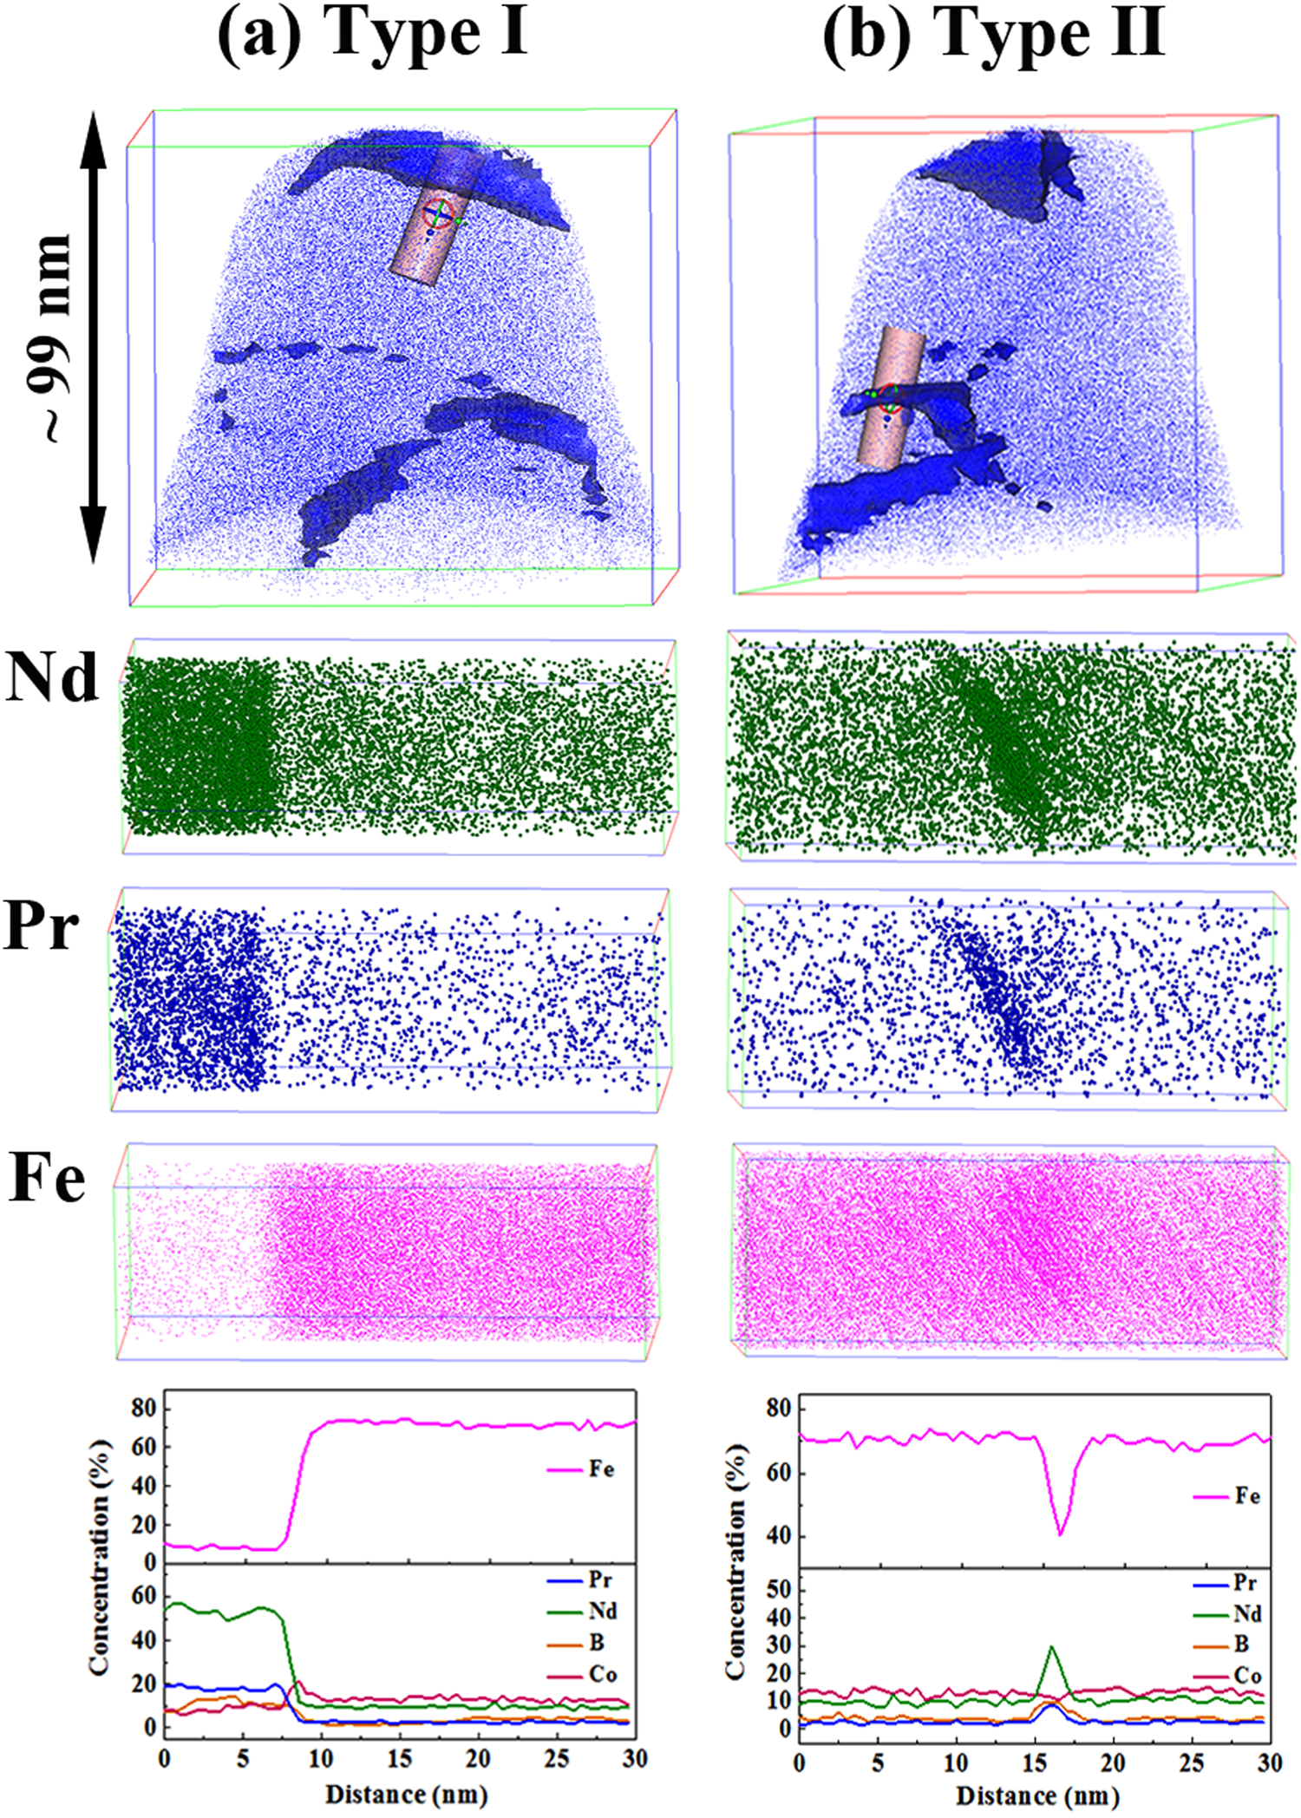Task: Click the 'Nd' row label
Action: pos(52,677)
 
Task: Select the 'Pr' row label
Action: pos(42,926)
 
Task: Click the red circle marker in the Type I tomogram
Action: pos(439,213)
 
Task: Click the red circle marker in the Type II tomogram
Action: pos(889,398)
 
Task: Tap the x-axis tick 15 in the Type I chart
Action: pos(400,1758)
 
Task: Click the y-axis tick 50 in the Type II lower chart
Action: pos(780,1589)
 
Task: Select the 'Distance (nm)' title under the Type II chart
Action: pos(1037,1795)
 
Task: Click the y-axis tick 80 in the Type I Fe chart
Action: pos(143,1409)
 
